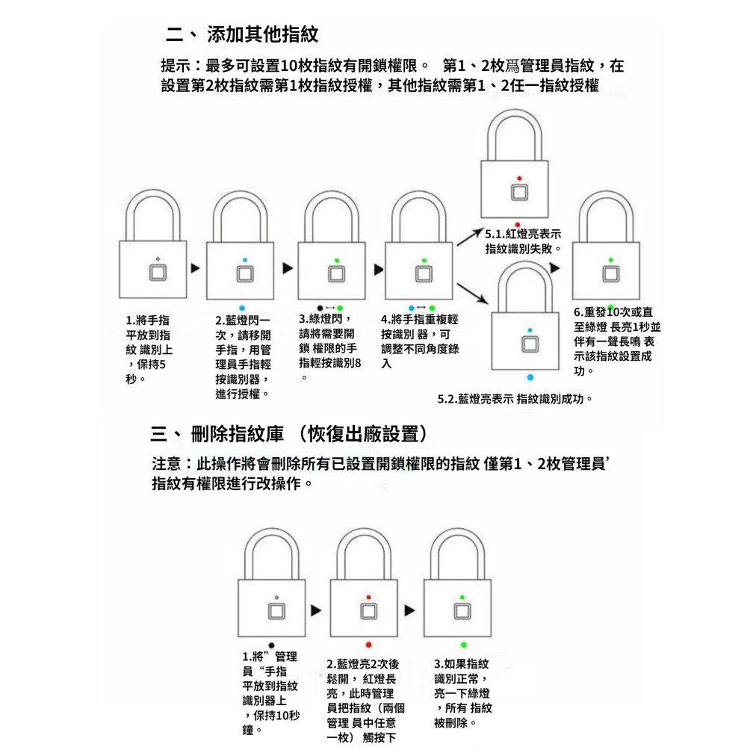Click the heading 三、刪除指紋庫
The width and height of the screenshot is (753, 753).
(x=289, y=433)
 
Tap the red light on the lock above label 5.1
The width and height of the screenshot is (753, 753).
(x=518, y=178)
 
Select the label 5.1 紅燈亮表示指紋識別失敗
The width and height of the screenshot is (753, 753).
(x=524, y=241)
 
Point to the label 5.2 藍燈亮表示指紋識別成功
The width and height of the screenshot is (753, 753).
(x=515, y=399)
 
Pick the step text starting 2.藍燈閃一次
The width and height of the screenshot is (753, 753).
(x=243, y=356)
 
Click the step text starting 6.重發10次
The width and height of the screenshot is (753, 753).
(x=616, y=341)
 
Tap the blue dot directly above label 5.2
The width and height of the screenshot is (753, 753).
(x=530, y=377)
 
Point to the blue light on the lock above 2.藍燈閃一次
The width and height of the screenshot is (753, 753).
(x=244, y=260)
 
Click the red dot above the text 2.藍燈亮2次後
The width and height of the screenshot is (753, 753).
(x=369, y=644)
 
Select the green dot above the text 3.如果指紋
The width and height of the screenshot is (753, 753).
(x=463, y=644)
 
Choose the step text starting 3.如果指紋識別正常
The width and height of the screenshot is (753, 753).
(x=463, y=692)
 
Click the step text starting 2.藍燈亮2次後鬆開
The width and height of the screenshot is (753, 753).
(x=366, y=701)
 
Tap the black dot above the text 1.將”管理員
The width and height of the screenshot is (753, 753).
(x=271, y=644)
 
